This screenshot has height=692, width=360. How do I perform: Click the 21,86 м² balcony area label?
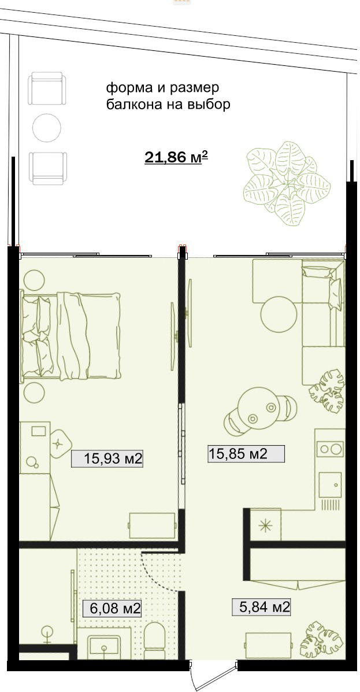coord(176,157)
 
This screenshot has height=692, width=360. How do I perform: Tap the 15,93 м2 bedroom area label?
coord(107,458)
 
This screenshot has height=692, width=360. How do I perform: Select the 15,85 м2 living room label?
coord(246,454)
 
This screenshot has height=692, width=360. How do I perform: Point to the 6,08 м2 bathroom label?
coord(112,609)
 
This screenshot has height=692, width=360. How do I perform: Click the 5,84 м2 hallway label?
coord(261,608)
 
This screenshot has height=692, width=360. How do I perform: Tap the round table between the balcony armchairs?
coord(47,128)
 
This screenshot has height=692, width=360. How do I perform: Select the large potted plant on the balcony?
coord(287,183)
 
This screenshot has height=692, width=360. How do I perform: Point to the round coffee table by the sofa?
coord(279,314)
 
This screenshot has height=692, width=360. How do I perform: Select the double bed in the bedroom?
coord(70,335)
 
